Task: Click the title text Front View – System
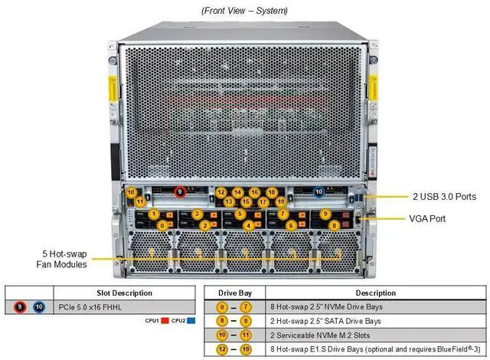[245, 11]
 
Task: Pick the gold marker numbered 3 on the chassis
[197, 214]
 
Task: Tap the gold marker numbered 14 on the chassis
[237, 192]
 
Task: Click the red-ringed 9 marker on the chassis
[181, 191]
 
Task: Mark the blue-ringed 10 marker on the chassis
[318, 191]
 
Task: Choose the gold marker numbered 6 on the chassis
[292, 225]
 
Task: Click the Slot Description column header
[124, 293]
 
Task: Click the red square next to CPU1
[164, 321]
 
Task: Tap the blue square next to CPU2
[191, 321]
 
